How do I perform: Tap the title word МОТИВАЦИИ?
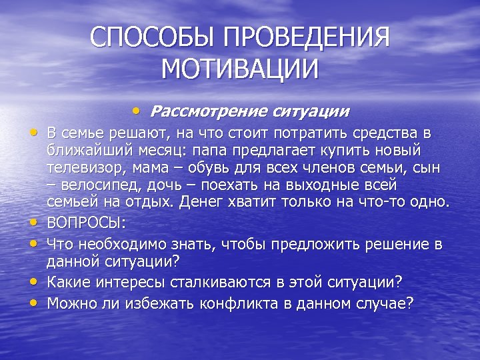[x=241, y=69]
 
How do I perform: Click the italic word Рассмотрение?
[x=204, y=109]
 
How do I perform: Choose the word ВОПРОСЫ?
[x=78, y=222]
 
